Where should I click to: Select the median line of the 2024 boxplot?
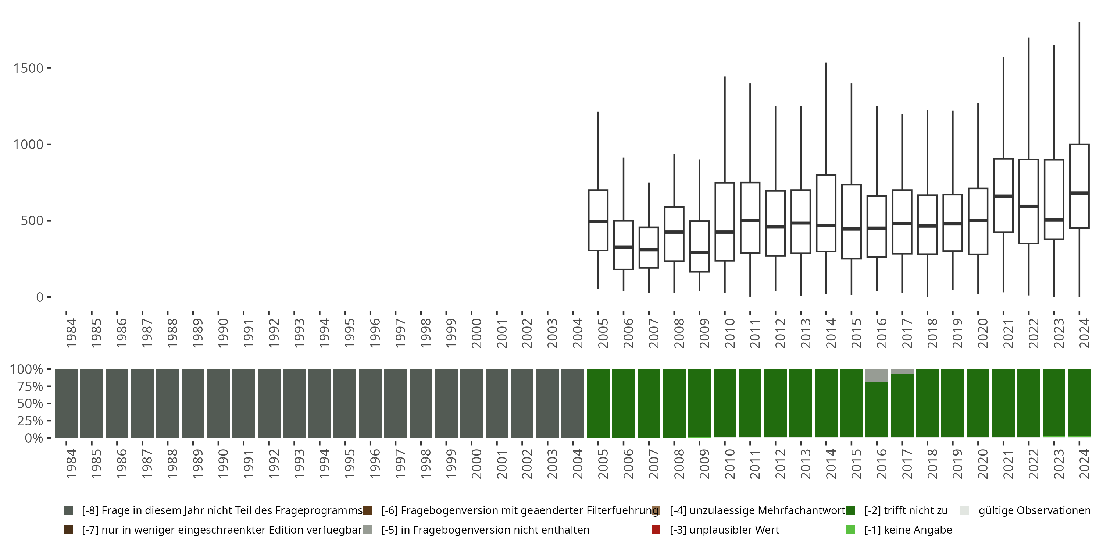tap(1079, 193)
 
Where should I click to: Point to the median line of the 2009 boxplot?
tap(699, 252)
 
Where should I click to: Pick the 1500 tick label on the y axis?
tap(28, 68)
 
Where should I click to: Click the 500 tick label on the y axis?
tap(32, 221)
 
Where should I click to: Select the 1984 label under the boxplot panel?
tap(71, 333)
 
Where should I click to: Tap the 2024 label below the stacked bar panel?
tap(1084, 464)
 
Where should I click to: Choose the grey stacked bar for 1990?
tap(218, 403)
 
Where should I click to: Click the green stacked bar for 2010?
tap(724, 403)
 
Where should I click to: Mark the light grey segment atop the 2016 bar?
tap(877, 375)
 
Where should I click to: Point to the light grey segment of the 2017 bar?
tap(902, 372)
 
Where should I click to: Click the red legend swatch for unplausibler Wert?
tap(656, 530)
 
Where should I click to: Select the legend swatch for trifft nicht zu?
tap(850, 510)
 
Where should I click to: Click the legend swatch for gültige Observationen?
tap(965, 510)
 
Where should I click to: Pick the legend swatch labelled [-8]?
tap(68, 510)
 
